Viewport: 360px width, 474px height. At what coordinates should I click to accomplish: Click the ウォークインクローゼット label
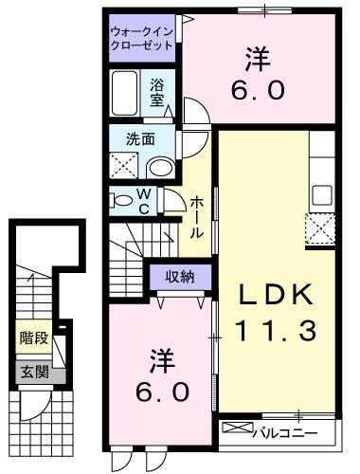click(142, 37)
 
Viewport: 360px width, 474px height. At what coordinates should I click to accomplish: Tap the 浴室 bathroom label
click(157, 91)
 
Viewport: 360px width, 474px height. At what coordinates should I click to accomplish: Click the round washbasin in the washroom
click(160, 168)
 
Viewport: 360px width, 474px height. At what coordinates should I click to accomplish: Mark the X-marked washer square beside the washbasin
click(124, 167)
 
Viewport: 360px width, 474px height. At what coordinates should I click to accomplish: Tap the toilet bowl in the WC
click(121, 200)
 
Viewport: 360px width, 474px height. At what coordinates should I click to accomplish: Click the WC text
click(144, 201)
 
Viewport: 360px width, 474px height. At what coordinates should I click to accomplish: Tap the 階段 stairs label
click(32, 337)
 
